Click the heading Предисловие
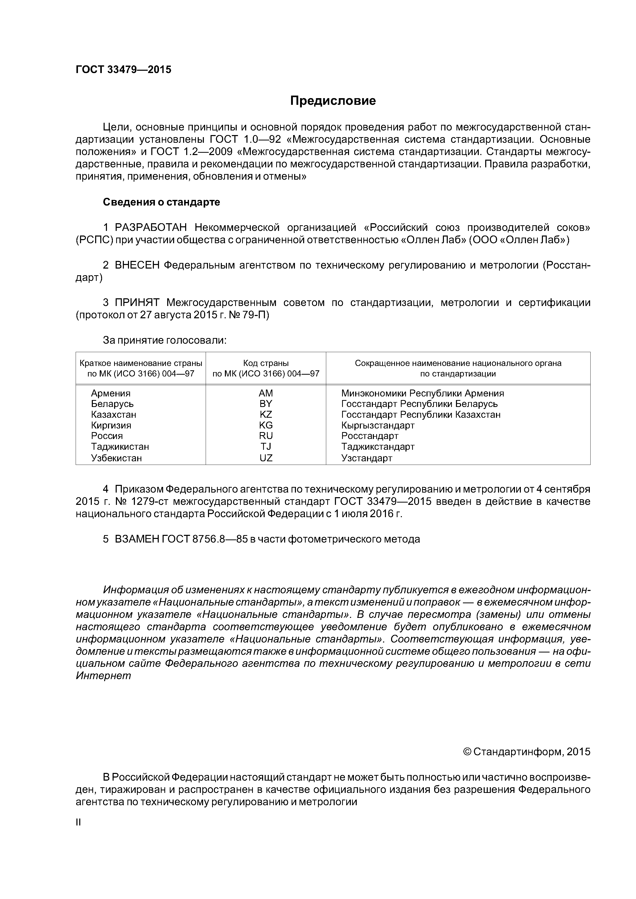333,101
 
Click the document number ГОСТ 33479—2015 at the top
123,70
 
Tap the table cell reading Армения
111,393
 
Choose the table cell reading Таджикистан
120,447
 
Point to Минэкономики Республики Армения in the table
422,393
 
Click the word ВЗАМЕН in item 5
136,539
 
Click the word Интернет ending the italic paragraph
103,676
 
